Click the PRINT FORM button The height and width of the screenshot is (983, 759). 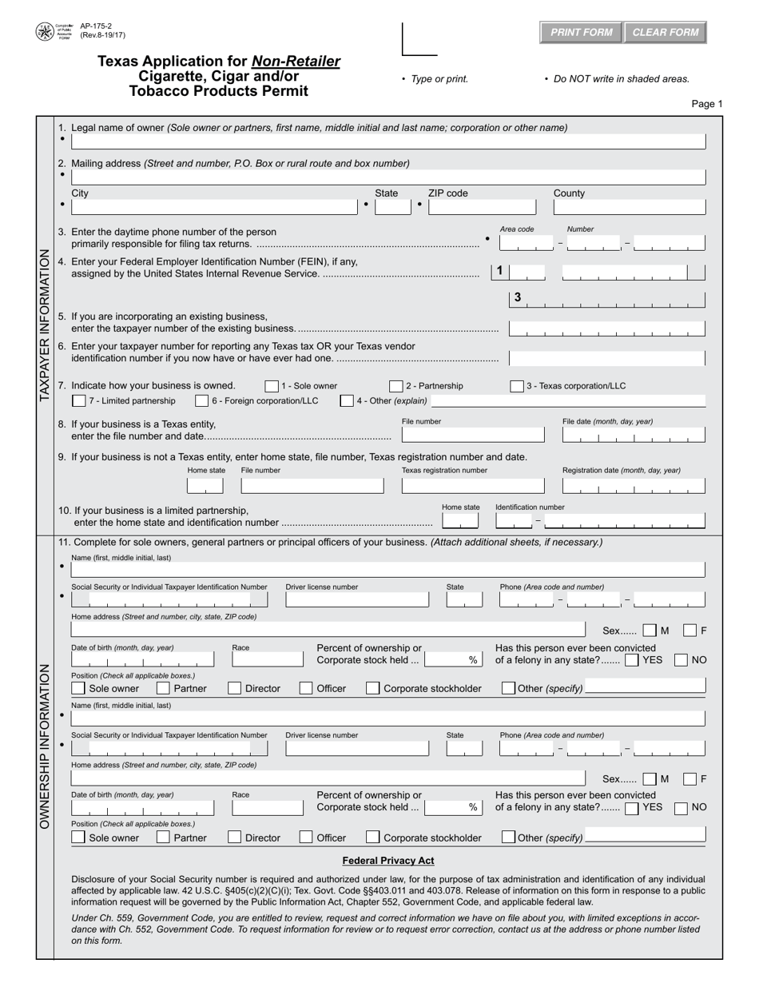click(x=581, y=32)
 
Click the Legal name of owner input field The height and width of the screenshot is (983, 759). click(x=388, y=141)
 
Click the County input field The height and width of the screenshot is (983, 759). click(x=630, y=207)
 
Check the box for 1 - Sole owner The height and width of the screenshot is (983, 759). click(x=272, y=386)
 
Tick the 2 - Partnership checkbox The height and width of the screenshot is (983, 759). click(x=396, y=386)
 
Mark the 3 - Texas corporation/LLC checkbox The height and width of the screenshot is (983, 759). click(x=517, y=386)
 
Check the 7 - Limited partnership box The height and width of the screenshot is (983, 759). click(x=79, y=400)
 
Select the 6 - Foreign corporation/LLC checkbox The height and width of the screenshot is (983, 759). click(x=202, y=400)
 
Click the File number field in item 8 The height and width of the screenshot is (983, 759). click(x=472, y=436)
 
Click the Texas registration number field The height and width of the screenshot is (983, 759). click(x=472, y=485)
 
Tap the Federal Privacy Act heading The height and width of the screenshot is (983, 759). click(x=388, y=861)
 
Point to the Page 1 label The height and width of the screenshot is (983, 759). click(x=706, y=104)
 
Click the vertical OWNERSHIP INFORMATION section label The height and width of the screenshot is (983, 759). click(x=45, y=745)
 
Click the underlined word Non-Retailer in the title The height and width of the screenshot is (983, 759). click(x=296, y=62)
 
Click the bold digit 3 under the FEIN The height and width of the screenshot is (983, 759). click(x=518, y=297)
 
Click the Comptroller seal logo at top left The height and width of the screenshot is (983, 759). click(x=45, y=32)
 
